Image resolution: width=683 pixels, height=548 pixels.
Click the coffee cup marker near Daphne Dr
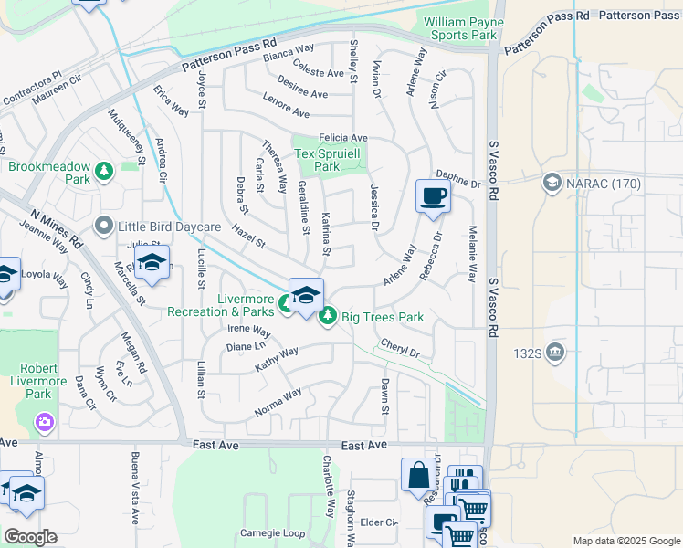coord(433,195)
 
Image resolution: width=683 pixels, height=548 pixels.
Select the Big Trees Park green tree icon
coord(328,316)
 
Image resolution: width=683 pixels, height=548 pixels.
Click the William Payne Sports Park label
coord(460,28)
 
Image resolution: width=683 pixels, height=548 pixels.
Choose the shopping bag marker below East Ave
coord(418,476)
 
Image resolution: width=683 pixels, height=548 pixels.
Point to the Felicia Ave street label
coord(343,137)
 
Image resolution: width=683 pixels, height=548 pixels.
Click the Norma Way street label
coord(278,402)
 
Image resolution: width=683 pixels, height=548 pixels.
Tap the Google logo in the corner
coord(30,537)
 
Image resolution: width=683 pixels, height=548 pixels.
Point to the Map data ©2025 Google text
coord(625,541)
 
